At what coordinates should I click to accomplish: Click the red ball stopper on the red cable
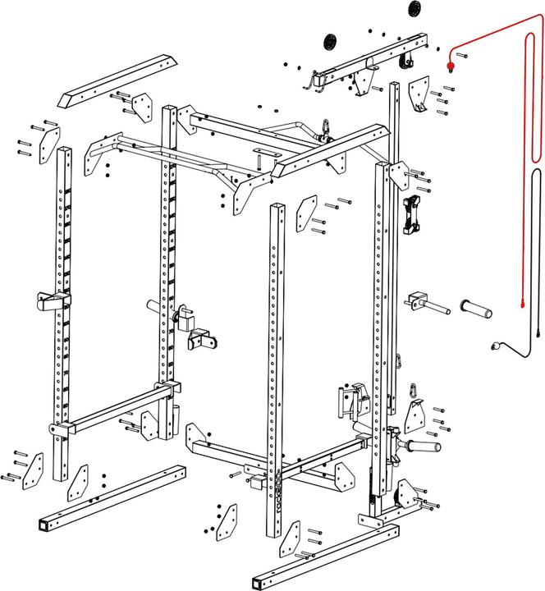click(x=451, y=65)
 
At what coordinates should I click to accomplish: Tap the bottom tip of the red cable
click(x=522, y=307)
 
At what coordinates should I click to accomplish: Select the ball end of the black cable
click(x=495, y=346)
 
